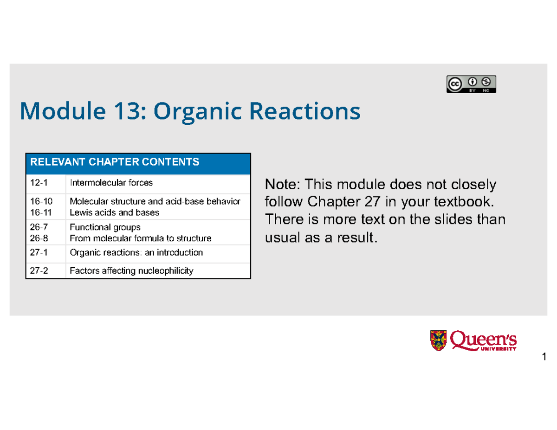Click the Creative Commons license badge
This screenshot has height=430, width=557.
tap(471, 84)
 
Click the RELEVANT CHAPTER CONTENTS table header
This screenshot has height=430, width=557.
tap(115, 162)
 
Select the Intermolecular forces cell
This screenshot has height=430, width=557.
tap(111, 183)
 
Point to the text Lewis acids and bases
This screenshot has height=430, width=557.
tap(114, 212)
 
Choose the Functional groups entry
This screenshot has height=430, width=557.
tap(104, 227)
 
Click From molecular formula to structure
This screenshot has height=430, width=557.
tap(140, 238)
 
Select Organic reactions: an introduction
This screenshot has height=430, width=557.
tap(136, 253)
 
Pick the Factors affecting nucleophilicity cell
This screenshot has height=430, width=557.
tap(131, 271)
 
